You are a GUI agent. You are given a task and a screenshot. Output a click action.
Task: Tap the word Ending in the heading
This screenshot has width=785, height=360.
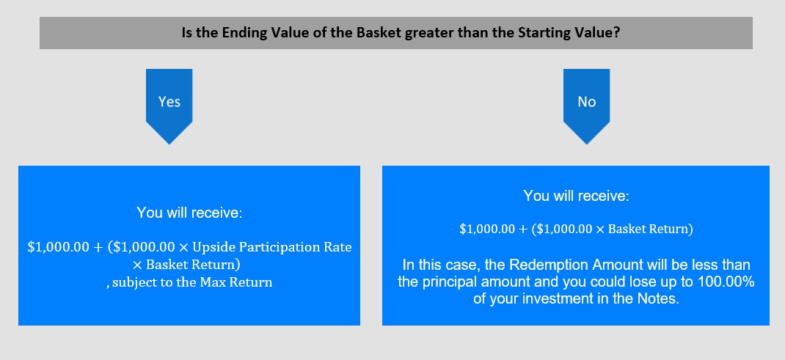click(242, 34)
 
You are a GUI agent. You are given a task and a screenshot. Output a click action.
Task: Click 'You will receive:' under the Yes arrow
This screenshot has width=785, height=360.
click(189, 213)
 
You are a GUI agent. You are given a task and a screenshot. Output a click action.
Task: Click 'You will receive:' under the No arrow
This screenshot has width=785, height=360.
click(576, 196)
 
